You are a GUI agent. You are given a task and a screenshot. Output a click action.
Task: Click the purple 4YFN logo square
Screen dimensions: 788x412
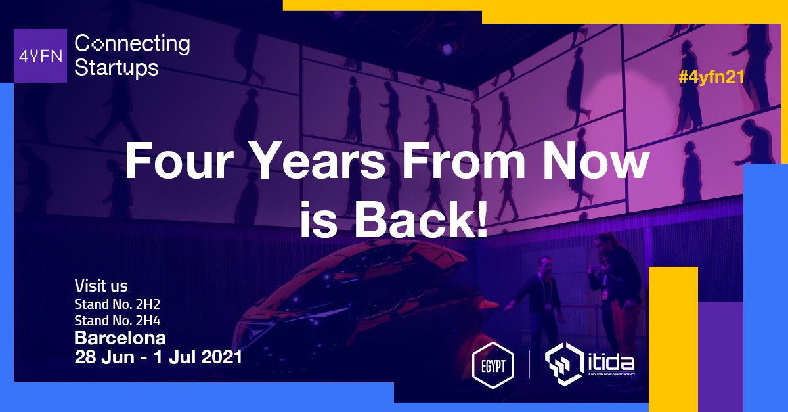pyautogui.click(x=40, y=56)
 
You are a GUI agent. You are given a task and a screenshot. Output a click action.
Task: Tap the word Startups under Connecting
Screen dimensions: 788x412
pyautogui.click(x=116, y=68)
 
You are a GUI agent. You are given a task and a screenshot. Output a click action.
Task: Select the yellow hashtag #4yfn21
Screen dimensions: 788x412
pyautogui.click(x=711, y=77)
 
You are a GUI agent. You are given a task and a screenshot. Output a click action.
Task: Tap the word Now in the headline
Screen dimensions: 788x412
pyautogui.click(x=595, y=160)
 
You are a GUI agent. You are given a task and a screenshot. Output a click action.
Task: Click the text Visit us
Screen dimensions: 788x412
pyautogui.click(x=101, y=286)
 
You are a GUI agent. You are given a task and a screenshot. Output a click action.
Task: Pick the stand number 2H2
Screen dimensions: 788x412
pyautogui.click(x=148, y=304)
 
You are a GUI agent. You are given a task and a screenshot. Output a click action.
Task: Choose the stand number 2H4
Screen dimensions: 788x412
pyautogui.click(x=148, y=321)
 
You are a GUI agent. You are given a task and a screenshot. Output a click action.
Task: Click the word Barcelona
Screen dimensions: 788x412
pyautogui.click(x=120, y=338)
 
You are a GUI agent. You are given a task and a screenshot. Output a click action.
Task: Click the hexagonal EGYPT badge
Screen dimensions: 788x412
pyautogui.click(x=492, y=365)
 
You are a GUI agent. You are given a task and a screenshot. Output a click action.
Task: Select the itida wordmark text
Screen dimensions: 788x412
pyautogui.click(x=611, y=363)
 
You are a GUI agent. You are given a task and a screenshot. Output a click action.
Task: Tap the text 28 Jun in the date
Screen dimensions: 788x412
pyautogui.click(x=104, y=357)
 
